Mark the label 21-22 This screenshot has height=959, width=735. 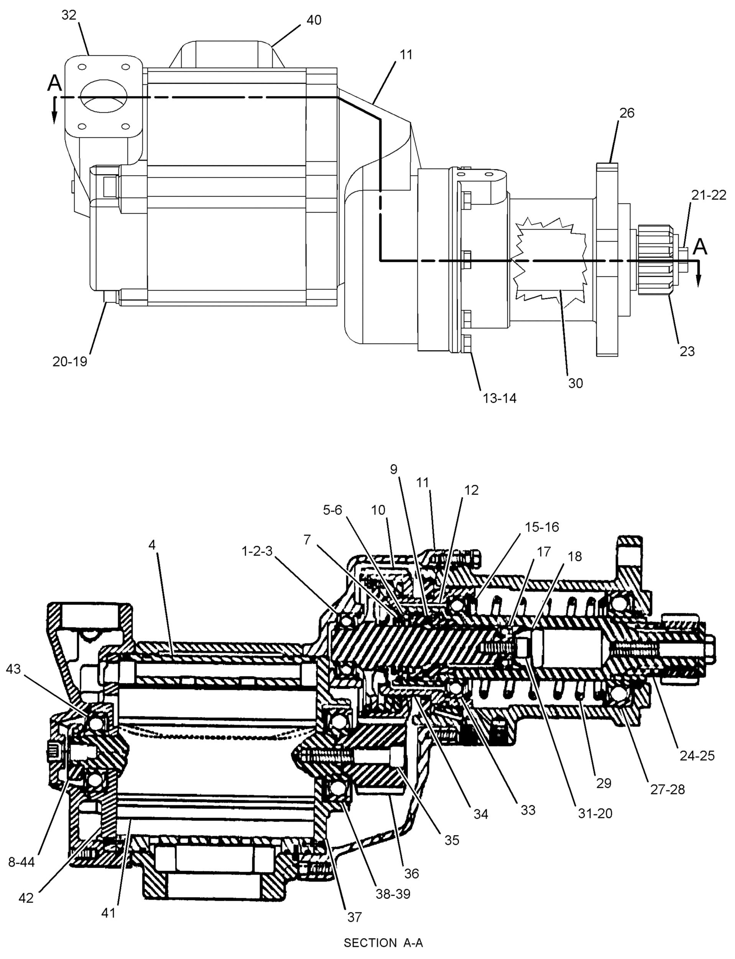[x=708, y=195]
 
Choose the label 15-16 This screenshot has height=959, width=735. [x=542, y=527]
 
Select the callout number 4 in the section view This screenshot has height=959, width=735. [x=152, y=545]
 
